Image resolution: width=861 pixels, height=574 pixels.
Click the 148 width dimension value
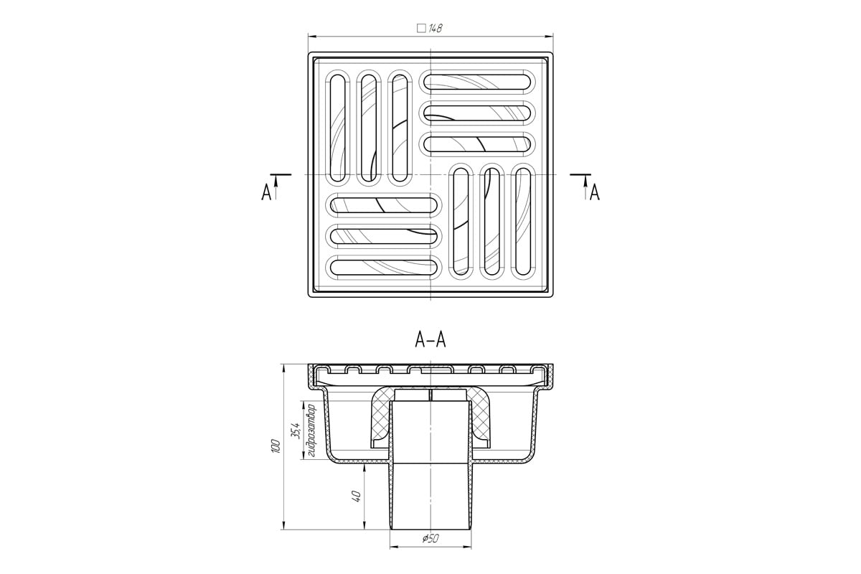(x=435, y=28)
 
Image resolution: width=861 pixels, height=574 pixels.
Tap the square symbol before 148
(x=421, y=29)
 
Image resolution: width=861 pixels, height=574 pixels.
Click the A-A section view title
(x=430, y=340)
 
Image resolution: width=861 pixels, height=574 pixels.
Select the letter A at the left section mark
(x=266, y=192)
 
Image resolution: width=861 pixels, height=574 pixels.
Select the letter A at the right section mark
(x=595, y=192)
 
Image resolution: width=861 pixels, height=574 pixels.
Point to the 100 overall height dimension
(x=276, y=446)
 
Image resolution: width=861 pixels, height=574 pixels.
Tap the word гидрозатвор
(x=311, y=430)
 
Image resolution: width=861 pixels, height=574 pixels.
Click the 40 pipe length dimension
(x=357, y=496)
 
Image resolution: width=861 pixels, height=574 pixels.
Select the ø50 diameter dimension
(x=430, y=539)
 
